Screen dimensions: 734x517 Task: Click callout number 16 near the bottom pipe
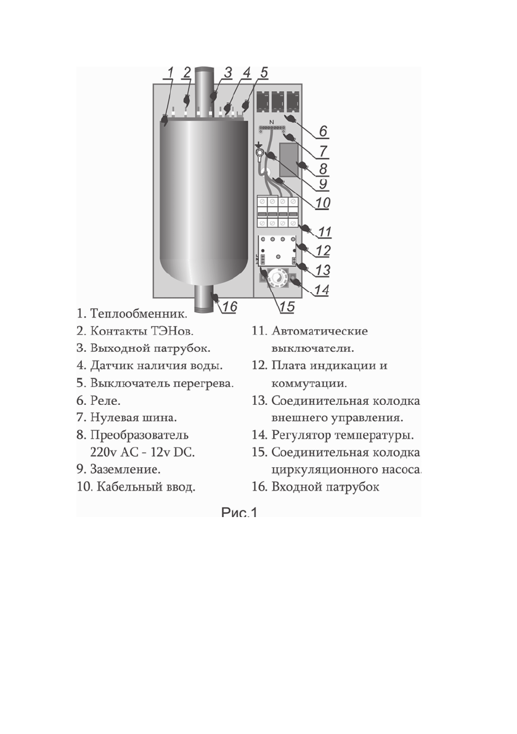coord(229,306)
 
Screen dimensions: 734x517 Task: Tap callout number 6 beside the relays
coord(323,131)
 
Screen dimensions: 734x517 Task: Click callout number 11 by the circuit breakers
coord(324,232)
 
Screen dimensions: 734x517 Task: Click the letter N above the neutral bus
coord(272,121)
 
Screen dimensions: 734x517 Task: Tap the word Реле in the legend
coord(105,399)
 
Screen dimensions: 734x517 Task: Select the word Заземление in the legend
coord(126,470)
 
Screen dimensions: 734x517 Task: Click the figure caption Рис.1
coord(239,512)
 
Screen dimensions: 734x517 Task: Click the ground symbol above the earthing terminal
coord(259,145)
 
